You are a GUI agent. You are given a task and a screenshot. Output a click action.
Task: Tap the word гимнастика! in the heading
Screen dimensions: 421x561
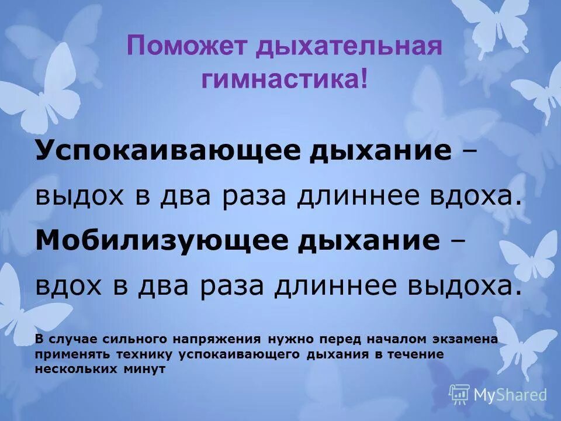(x=285, y=78)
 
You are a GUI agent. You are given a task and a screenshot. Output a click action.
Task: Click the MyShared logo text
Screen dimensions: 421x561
(x=510, y=395)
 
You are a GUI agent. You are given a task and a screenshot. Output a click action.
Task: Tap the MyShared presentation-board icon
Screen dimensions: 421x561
(x=459, y=395)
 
